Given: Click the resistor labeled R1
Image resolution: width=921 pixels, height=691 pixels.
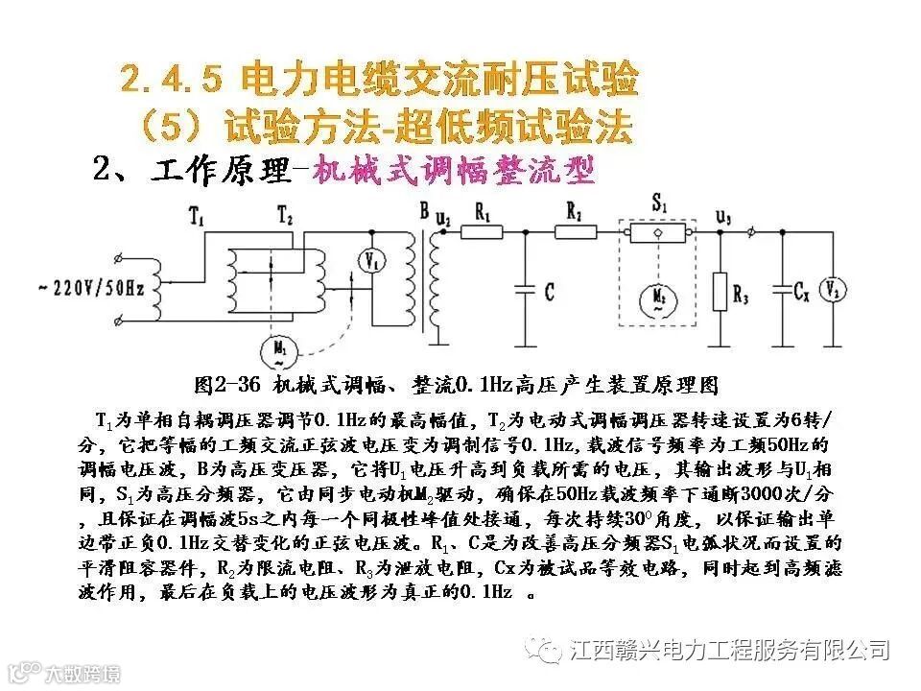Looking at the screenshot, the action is point(482,231).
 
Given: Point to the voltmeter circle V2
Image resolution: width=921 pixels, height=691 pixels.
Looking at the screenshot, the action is point(834,289).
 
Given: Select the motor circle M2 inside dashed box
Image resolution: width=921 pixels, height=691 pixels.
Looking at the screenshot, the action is point(657,295).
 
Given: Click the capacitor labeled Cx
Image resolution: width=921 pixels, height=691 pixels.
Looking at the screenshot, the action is point(784,287).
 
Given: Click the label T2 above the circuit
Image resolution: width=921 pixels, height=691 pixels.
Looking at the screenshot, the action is point(285,213).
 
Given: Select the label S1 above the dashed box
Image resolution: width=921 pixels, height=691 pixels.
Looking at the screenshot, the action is point(659,204).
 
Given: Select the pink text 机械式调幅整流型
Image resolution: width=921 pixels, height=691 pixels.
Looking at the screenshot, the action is point(456,171).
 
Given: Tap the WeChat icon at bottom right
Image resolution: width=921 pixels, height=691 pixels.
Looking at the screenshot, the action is point(551,650).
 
